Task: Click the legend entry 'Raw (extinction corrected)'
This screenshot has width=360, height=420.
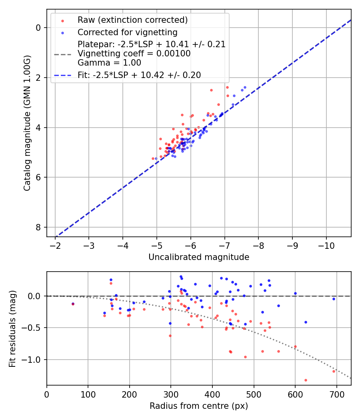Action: (132, 20)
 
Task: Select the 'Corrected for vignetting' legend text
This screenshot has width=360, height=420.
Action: (128, 32)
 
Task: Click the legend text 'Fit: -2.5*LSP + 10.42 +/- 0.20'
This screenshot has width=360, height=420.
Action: (139, 75)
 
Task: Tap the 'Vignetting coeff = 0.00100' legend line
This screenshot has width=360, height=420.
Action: (134, 54)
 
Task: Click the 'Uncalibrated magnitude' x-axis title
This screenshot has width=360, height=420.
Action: (199, 257)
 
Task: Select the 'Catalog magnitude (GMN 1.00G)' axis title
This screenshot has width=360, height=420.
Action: (27, 123)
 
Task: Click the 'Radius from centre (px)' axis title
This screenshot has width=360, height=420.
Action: (199, 406)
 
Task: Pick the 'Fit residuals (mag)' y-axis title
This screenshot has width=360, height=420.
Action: (12, 328)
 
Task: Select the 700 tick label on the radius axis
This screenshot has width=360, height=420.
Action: (336, 394)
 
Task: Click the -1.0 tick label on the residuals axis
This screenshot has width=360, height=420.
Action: (34, 360)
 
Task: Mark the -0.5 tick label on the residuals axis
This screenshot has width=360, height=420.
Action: (34, 328)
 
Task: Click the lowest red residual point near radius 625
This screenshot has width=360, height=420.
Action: (306, 380)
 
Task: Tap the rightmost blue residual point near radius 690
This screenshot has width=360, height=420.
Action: (334, 299)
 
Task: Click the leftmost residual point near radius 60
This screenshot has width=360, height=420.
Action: (73, 304)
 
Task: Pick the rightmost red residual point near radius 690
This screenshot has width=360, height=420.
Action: (334, 371)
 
